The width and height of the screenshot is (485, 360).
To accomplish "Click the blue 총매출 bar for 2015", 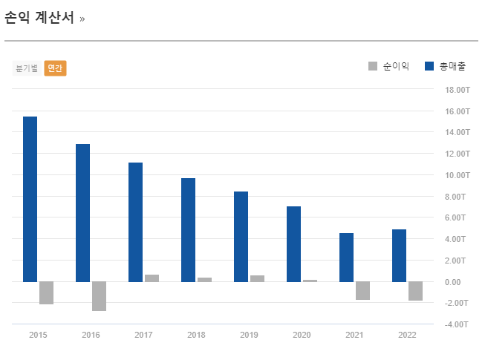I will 30,199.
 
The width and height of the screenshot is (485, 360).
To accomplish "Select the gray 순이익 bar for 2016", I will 99,296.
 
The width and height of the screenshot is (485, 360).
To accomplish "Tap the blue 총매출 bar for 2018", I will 188,229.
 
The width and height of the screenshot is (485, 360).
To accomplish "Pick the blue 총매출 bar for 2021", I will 346,257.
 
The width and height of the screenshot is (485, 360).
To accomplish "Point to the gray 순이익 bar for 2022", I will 415,291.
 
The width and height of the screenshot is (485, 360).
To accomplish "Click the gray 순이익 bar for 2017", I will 152,278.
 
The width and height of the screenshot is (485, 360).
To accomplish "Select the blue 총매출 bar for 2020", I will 293,243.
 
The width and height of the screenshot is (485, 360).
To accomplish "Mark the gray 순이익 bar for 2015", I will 46,293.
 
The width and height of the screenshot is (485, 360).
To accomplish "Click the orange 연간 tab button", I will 55,68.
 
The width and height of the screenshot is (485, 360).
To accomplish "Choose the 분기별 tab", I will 27,68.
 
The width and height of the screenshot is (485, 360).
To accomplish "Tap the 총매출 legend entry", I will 445,67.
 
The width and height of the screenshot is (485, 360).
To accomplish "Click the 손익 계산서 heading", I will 39,18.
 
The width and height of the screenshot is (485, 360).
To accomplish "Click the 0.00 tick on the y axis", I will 452,282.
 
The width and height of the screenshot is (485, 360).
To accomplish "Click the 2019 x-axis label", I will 249,336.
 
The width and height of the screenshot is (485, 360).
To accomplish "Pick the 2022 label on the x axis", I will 407,336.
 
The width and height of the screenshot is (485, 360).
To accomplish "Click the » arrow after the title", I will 82,19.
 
